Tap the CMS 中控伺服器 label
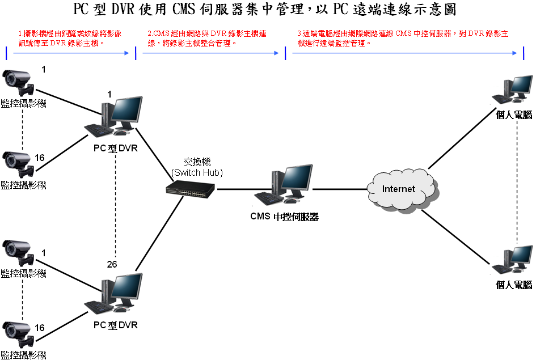pyautogui.click(x=284, y=216)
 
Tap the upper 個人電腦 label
pyautogui.click(x=514, y=115)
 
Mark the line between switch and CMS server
pyautogui.click(x=235, y=189)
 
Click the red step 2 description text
pyautogui.click(x=206, y=38)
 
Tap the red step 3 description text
pyautogui.click(x=402, y=38)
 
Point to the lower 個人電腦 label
pyautogui.click(x=514, y=285)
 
